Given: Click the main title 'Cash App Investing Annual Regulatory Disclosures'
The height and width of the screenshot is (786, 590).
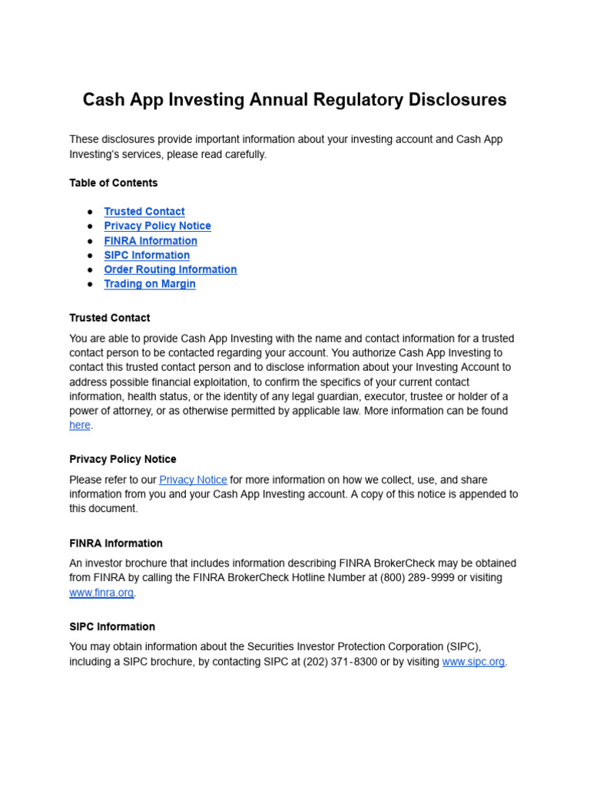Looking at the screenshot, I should coord(294,100).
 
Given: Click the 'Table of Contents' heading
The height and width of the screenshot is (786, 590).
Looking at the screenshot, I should coord(113,183).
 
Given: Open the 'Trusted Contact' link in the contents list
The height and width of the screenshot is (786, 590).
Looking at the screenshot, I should coord(144,211).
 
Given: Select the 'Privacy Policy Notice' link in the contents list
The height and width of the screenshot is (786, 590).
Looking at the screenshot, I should coord(157,226).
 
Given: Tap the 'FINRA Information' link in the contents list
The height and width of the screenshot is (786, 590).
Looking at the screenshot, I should coord(151,240).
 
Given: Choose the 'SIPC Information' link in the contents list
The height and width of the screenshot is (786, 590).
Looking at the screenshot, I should coord(147,255).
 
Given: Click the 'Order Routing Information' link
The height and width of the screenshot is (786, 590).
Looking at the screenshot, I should coord(171,269).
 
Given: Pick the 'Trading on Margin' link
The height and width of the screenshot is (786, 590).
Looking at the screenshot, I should coord(150,284).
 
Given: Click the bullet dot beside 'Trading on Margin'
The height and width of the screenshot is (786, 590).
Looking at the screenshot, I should coord(90,284).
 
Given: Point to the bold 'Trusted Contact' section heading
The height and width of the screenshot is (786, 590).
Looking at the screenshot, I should coord(110,318).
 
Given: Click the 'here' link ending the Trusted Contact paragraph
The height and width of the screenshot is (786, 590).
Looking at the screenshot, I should coord(80,425).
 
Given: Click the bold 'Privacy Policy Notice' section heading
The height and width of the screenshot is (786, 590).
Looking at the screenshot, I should coord(123,459).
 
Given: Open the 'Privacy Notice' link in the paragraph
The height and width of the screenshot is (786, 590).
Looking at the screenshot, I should coord(193,480).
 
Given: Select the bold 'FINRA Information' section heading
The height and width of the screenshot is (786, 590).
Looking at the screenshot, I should coord(116,543).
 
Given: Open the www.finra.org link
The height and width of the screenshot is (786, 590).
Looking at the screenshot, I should coord(101,593).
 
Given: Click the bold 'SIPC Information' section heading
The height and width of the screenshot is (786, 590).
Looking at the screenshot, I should coord(112,626).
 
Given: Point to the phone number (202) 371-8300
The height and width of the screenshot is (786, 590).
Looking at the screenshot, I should coord(340,662).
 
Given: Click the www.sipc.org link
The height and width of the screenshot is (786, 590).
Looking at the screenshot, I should coord(473,662).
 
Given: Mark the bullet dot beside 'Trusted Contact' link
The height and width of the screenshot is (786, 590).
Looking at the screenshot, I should coord(90,211).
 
